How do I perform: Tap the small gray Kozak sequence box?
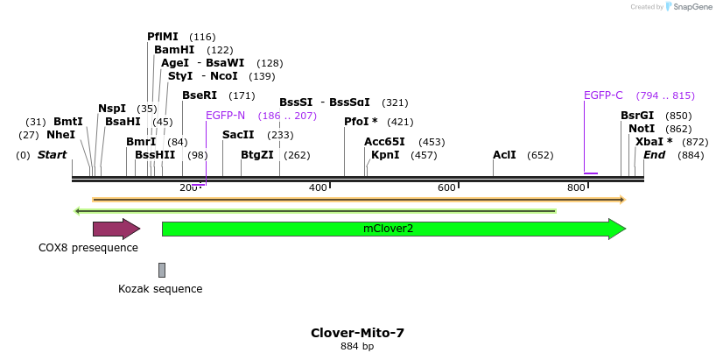162,270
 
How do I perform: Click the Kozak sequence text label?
160,289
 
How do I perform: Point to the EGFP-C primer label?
603,95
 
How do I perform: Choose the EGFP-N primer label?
225,116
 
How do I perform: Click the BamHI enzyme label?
174,50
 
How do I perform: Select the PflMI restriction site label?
163,37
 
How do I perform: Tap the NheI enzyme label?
60,135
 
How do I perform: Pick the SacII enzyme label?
238,135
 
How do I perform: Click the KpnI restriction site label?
385,155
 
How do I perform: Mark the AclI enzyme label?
504,155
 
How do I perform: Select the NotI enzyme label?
642,129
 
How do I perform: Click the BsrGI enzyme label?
637,116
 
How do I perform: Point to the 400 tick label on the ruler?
318,187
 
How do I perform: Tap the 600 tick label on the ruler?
447,187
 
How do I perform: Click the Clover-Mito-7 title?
357,333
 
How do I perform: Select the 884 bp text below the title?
357,347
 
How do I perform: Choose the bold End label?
655,155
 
